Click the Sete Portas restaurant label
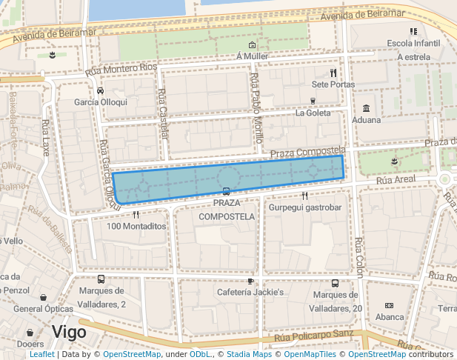click(333, 84)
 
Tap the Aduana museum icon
click(366, 108)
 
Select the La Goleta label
click(313, 113)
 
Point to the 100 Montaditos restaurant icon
click(136, 215)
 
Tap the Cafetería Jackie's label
click(250, 293)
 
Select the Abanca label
click(390, 316)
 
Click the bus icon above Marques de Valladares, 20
click(335, 283)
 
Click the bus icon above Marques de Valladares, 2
click(101, 280)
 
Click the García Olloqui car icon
click(99, 91)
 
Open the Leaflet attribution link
click(41, 354)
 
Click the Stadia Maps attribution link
click(249, 354)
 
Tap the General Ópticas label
click(42, 309)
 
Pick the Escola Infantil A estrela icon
click(413, 31)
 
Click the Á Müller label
click(252, 56)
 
